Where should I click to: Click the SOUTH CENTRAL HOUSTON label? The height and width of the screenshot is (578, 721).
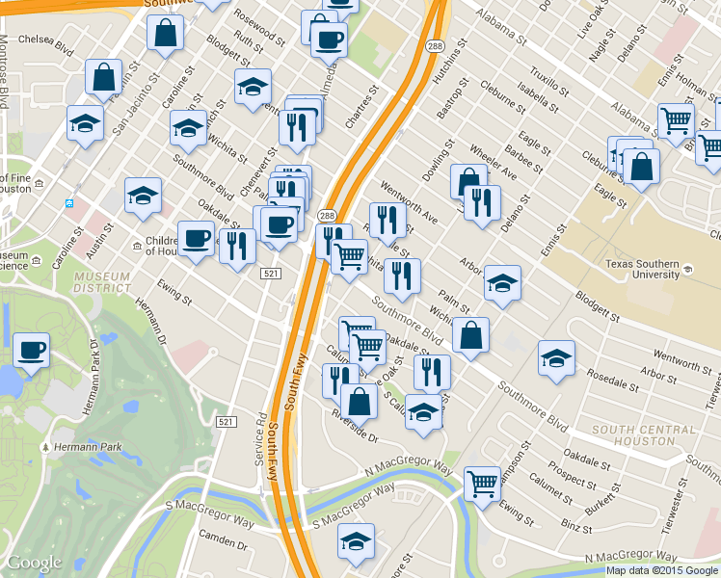coord(632,434)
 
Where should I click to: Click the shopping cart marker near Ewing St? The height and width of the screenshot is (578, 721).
coord(482,483)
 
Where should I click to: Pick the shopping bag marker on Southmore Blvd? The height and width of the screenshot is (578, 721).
coord(470,335)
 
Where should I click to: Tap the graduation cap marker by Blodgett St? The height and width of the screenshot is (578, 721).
coord(502,282)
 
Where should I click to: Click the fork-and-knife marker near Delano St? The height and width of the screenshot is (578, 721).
coord(482,201)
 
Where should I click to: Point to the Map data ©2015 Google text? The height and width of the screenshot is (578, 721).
coord(662,570)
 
